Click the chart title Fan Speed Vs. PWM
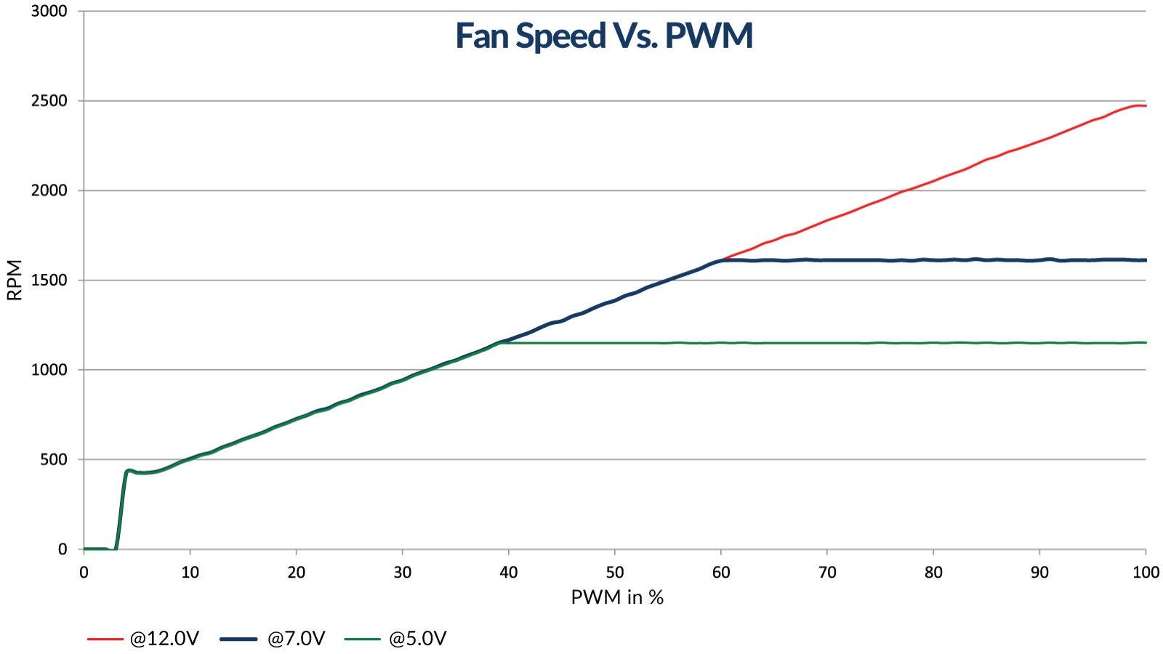tap(604, 36)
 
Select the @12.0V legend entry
tap(164, 639)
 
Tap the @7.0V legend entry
tap(296, 639)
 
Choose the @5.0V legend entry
tap(417, 639)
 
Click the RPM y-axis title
tap(15, 280)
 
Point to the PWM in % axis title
tap(617, 597)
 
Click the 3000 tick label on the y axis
tap(49, 12)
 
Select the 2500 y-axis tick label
tap(49, 101)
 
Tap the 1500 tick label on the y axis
tap(49, 280)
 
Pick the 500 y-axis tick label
tap(52, 460)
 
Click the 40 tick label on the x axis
tap(509, 573)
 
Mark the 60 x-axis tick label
tap(721, 573)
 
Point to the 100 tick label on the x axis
tap(1146, 573)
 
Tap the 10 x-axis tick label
tap(190, 573)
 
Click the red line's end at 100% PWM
tap(1145, 106)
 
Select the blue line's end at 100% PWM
tap(1145, 260)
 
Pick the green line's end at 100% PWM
tap(1145, 342)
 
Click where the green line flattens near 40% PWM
tap(502, 342)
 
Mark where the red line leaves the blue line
tap(723, 259)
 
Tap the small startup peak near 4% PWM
tap(129, 470)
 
